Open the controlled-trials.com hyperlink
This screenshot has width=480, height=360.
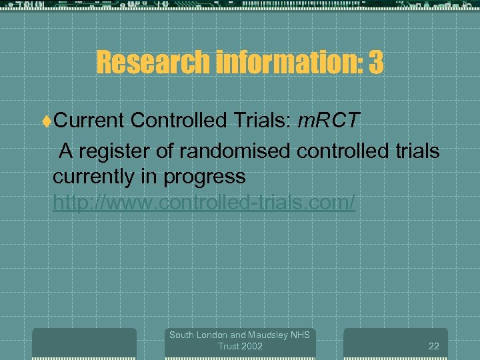click(204, 203)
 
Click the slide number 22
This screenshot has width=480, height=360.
click(433, 346)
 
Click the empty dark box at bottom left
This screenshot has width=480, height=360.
click(84, 344)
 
